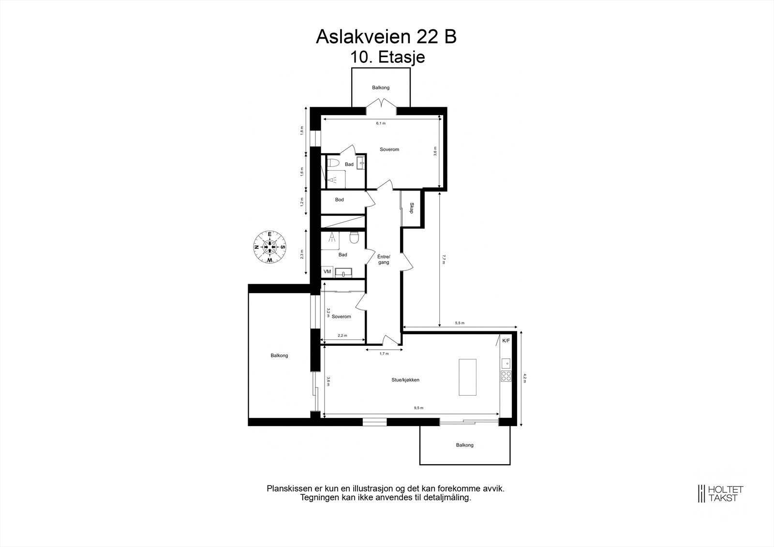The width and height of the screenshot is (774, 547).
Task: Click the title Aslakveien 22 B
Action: click(386, 36)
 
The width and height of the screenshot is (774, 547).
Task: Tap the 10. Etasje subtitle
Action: click(387, 57)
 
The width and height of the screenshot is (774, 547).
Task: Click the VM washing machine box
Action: click(327, 272)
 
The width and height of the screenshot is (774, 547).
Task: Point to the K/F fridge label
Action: click(506, 341)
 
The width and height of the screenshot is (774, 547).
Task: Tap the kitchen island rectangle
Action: click(467, 377)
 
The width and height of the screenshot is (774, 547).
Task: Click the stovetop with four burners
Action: click(506, 376)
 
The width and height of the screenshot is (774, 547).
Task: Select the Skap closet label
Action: click(412, 208)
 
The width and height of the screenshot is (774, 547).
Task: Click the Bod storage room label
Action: click(340, 200)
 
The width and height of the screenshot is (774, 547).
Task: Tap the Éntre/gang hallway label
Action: click(384, 259)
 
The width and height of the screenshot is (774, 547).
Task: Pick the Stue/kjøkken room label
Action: click(405, 380)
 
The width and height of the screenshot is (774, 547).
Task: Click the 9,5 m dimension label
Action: click(418, 408)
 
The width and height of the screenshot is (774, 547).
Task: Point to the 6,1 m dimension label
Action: click(381, 123)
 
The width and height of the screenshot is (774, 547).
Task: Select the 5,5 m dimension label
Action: click(460, 323)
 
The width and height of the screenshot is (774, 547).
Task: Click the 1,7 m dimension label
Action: click(384, 354)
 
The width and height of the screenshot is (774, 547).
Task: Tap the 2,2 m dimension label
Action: click(342, 336)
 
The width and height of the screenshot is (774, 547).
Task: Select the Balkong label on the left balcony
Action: click(279, 355)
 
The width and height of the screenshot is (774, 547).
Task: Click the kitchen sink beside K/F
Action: click(506, 362)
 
